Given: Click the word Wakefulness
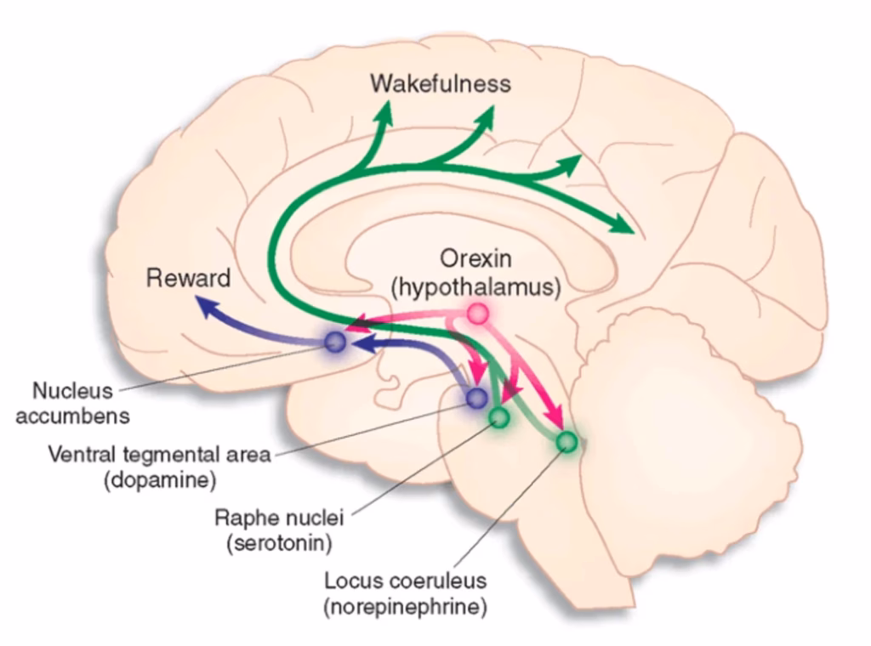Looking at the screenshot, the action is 441,84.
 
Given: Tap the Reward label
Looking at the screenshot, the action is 188,278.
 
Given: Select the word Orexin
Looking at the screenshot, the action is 475,258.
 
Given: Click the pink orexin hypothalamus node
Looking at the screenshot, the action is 477,314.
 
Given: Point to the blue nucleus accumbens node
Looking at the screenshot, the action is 335,343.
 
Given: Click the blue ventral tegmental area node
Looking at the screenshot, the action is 476,397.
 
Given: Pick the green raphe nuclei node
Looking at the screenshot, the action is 499,416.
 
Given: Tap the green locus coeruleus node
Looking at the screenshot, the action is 567,442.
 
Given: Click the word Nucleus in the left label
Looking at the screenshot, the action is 72,391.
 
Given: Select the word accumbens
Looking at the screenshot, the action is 73,416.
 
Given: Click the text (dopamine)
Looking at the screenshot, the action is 160,479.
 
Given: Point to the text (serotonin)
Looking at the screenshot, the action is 279,543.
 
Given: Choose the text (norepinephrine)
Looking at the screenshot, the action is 406,607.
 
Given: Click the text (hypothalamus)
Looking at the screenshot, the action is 476,287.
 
